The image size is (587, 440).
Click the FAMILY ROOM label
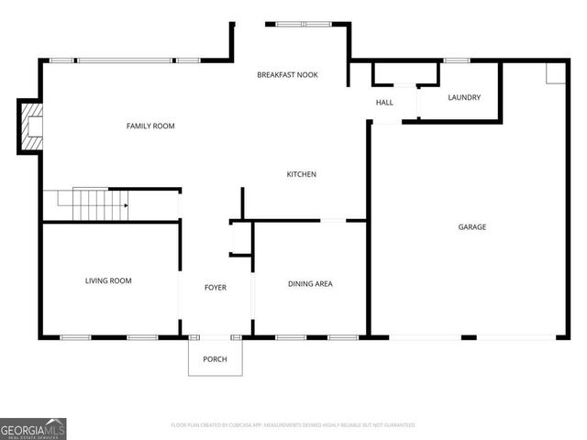[x=150, y=126]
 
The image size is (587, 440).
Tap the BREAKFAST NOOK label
[x=287, y=74]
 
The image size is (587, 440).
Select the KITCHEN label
[x=302, y=174]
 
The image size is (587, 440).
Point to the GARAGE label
[x=472, y=226]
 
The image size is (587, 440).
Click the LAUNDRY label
[x=464, y=97]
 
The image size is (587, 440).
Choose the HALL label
[x=384, y=102]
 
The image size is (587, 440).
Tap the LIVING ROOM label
[x=108, y=280]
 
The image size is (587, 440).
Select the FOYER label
[x=215, y=287]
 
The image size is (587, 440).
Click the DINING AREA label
[x=310, y=283]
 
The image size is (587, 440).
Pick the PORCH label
[x=215, y=358]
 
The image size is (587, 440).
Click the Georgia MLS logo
[x=33, y=428]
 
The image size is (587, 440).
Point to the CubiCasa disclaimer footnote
[x=293, y=425]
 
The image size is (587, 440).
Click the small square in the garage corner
[x=554, y=73]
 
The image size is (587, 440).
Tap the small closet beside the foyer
[x=240, y=238]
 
